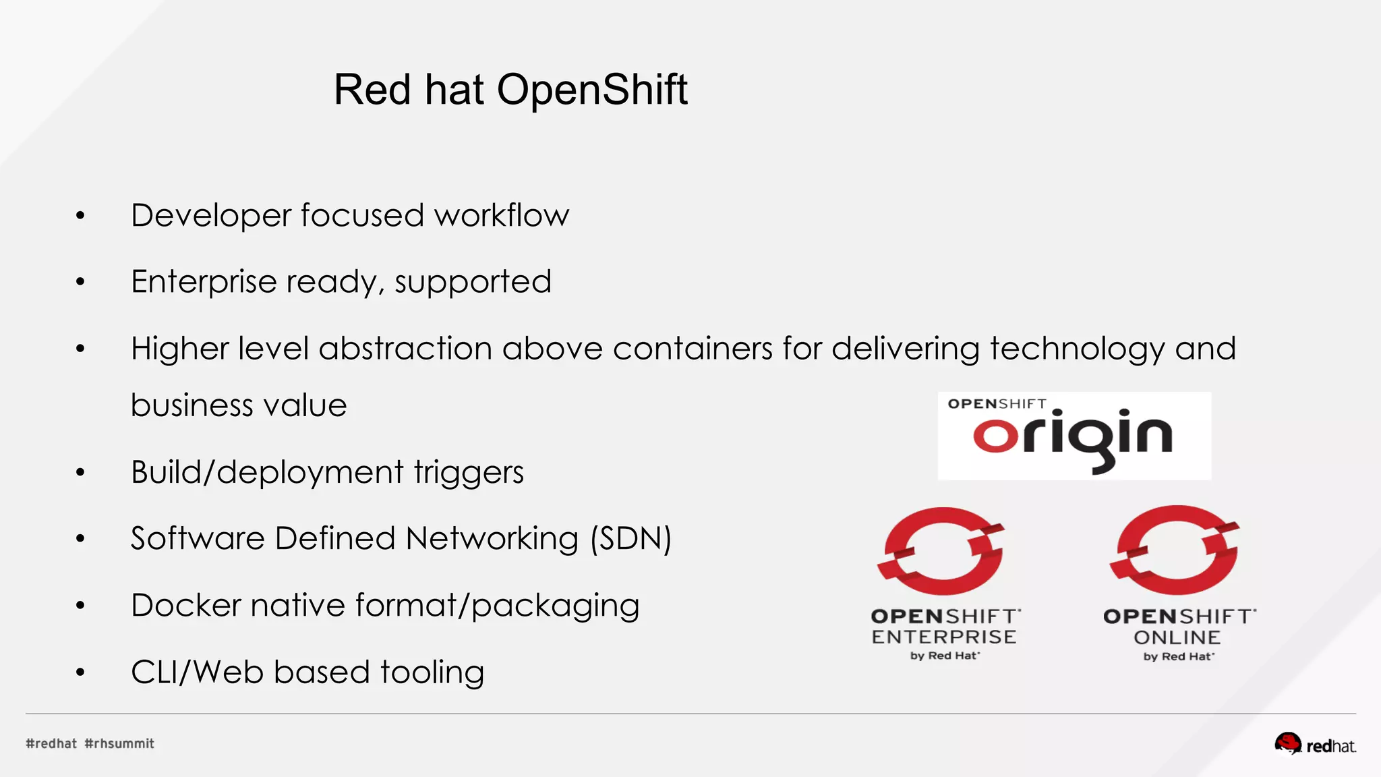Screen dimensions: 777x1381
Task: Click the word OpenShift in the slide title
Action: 592,90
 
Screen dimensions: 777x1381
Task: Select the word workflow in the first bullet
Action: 502,216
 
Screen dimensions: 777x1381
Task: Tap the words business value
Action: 239,405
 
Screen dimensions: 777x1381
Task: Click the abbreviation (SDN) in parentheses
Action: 630,539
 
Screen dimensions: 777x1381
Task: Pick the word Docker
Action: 185,605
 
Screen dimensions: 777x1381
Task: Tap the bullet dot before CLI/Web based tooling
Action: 80,672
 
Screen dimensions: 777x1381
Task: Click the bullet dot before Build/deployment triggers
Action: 80,472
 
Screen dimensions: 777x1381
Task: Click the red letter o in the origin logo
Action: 995,436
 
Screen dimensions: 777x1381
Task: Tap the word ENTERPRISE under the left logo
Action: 943,637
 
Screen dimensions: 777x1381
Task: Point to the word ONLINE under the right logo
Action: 1177,637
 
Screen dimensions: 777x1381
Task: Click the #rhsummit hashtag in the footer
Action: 119,743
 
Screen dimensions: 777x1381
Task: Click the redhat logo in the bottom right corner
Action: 1314,745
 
